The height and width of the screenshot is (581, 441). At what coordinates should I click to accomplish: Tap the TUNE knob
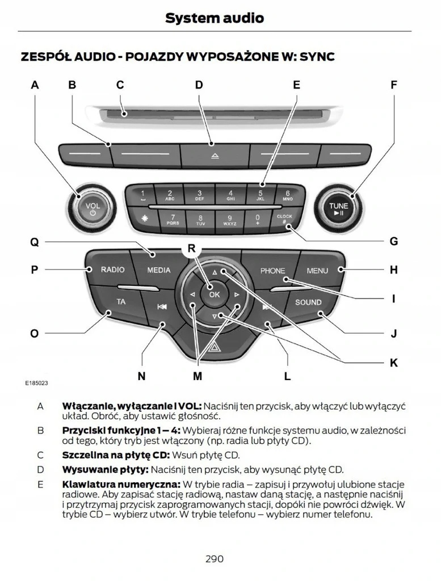point(338,208)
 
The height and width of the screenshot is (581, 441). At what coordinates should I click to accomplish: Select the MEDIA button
point(158,270)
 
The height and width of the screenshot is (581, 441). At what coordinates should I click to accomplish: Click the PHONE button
point(272,271)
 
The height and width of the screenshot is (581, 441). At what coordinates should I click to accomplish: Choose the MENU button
point(317,271)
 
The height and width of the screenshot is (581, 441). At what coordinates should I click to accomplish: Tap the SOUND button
point(308,302)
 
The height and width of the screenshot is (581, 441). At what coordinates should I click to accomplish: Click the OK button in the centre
point(214,294)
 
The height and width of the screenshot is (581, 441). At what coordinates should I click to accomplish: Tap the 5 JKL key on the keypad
point(261,196)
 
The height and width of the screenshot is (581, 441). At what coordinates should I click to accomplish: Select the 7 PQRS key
point(173,219)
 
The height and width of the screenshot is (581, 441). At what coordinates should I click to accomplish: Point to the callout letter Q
point(35,242)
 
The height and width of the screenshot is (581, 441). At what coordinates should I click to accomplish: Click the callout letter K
point(393,363)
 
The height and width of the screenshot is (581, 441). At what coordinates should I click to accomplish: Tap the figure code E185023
point(36,384)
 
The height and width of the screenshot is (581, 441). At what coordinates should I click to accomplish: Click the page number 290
point(215,559)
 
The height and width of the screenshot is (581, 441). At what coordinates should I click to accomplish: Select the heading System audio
point(215,18)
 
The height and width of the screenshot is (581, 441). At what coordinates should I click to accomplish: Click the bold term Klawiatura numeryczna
point(119,484)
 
